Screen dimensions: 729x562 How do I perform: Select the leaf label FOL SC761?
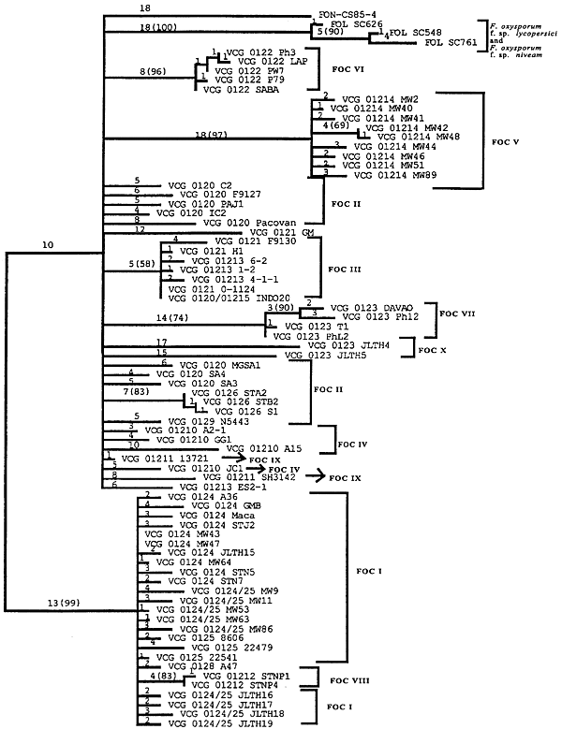(458, 42)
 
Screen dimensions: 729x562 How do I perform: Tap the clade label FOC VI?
(349, 69)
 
